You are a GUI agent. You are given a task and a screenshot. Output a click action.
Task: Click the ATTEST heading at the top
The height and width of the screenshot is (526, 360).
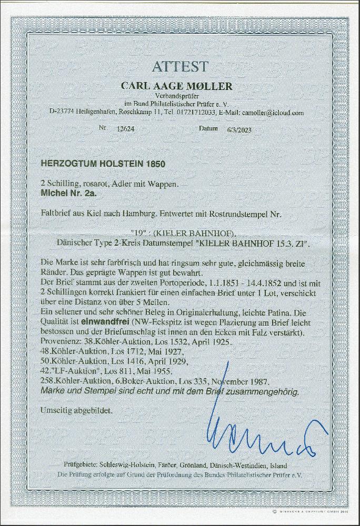point(180,67)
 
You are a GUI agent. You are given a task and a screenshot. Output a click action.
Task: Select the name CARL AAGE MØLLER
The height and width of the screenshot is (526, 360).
point(179,86)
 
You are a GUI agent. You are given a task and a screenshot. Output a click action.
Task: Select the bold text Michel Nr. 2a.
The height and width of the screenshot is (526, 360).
point(65,193)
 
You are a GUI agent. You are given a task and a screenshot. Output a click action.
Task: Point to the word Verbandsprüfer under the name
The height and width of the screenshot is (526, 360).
point(179,97)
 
